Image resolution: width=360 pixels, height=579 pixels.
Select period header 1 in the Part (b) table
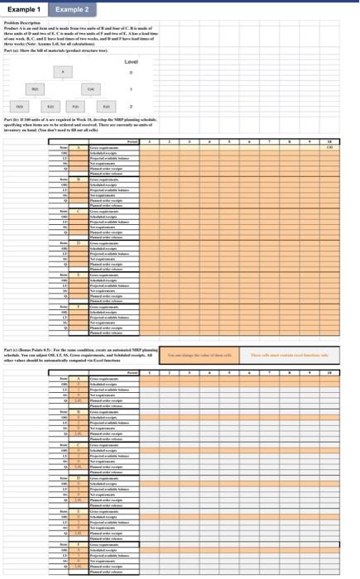tap(147, 142)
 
